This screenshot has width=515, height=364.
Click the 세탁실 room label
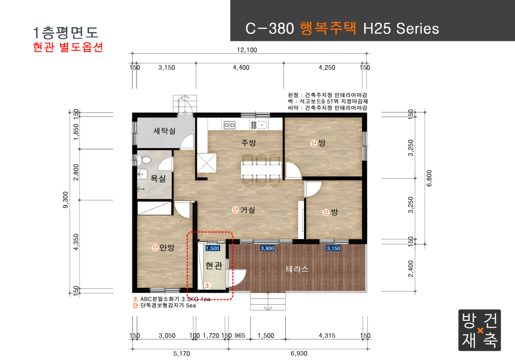(164, 131)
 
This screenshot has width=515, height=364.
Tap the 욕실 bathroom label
(158, 179)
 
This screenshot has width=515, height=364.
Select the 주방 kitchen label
(248, 142)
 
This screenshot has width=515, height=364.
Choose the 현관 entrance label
(214, 265)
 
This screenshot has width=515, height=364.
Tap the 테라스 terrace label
(297, 269)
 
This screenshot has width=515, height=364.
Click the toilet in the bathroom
(144, 160)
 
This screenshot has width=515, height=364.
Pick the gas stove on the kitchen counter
(229, 125)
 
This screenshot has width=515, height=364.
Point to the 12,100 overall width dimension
(247, 50)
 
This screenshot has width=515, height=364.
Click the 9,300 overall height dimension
(66, 200)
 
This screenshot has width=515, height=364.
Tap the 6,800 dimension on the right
(429, 178)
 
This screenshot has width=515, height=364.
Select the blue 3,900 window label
(267, 248)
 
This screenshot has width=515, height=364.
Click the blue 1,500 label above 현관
(213, 248)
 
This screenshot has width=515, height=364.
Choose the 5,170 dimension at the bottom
(182, 353)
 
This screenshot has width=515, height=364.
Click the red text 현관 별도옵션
(68, 47)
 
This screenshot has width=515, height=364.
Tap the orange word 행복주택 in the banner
(328, 28)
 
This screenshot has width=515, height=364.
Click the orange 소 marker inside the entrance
(207, 286)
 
